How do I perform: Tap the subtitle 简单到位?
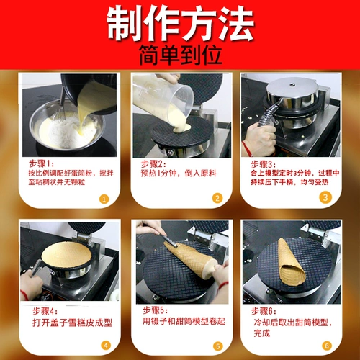pos(180,56)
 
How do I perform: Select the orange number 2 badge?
pos(216,198)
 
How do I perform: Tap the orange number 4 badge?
pos(105,344)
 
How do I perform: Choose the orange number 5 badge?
pos(216,344)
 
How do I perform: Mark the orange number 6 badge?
pos(326,344)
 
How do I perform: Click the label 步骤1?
pos(42,164)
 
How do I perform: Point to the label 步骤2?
pos(153,164)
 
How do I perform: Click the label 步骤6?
pos(264,311)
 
